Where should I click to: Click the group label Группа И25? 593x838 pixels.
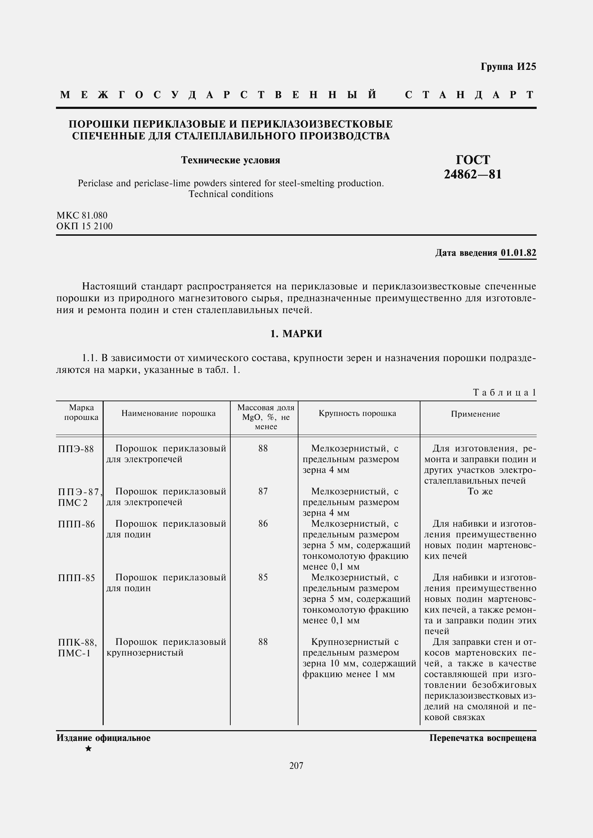tap(508, 66)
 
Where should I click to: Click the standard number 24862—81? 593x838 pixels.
tap(473, 174)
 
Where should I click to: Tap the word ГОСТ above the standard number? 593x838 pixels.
tap(473, 160)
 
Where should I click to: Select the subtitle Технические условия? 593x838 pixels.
tap(231, 160)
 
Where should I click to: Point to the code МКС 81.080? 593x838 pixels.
tap(82, 215)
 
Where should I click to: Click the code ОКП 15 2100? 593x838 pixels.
tap(84, 226)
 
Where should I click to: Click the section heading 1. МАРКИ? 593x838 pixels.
tap(296, 334)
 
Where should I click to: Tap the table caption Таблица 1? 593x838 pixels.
tap(504, 392)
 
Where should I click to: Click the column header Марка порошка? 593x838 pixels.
tap(81, 412)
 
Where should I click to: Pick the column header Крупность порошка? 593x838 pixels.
tap(357, 413)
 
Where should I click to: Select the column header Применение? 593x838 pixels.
tap(475, 414)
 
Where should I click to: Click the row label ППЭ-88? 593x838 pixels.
tap(76, 449)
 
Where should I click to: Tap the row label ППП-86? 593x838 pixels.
tap(76, 525)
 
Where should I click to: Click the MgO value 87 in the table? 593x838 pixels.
tap(263, 491)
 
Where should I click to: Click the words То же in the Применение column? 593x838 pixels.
tap(480, 491)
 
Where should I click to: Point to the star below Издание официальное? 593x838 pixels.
tap(88, 749)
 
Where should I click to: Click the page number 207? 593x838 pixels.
tap(296, 766)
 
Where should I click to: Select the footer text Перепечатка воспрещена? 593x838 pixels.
tap(483, 738)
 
